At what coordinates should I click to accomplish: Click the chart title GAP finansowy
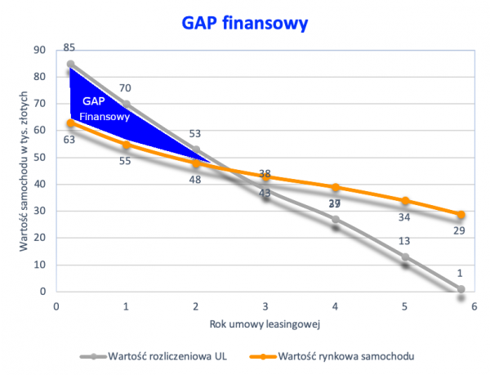pos(245,23)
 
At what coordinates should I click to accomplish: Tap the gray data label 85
pos(69,49)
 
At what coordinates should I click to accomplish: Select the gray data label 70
pos(125,88)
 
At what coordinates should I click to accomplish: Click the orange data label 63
pos(69,140)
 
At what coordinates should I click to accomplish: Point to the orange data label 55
pos(125,161)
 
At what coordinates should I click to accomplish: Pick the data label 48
pos(195,180)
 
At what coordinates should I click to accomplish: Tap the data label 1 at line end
pos(461,273)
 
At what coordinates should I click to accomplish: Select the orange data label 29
pos(461,232)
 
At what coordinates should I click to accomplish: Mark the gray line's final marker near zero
pos(461,288)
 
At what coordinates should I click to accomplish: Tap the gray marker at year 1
pos(125,104)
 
